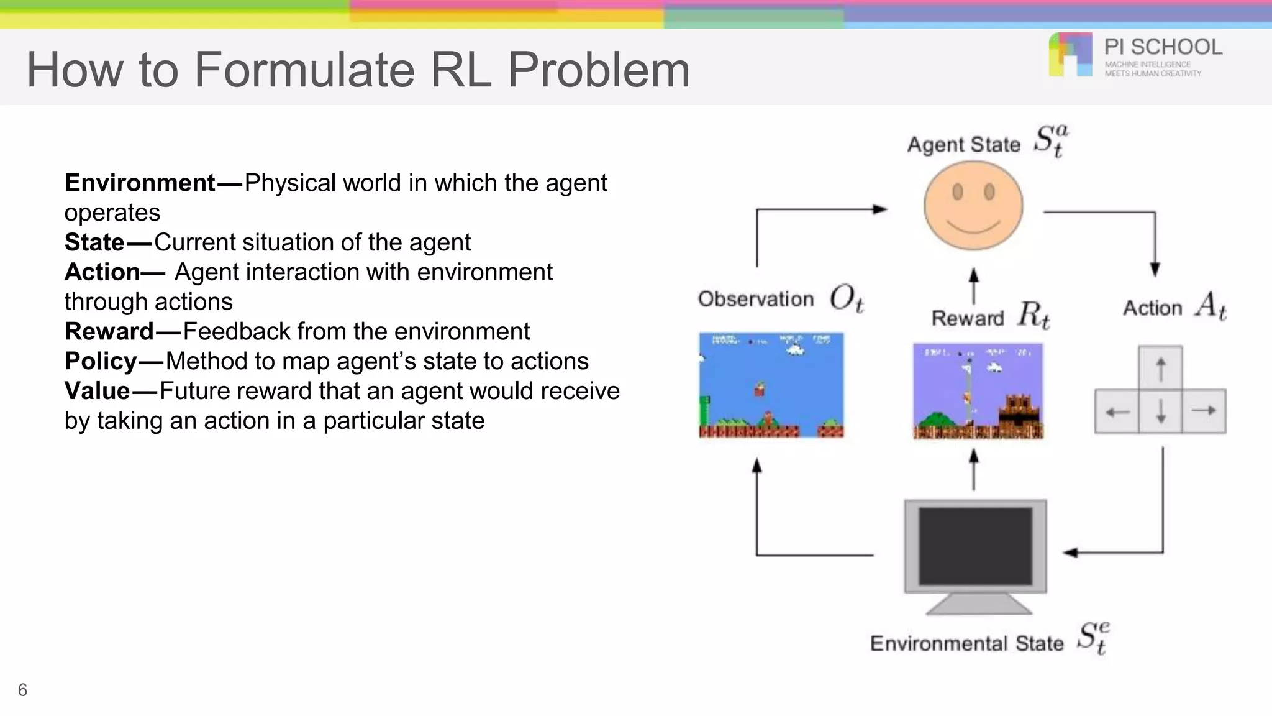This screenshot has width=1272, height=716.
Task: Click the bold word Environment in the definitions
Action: click(x=140, y=183)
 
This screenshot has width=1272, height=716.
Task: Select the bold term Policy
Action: click(x=101, y=362)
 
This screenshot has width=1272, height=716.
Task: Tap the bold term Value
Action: click(x=97, y=392)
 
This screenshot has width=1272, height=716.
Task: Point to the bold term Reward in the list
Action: click(x=109, y=332)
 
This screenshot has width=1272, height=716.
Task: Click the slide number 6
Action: click(x=22, y=690)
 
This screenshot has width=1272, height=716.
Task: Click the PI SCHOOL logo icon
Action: click(x=1070, y=55)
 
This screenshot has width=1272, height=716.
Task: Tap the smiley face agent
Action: click(x=973, y=206)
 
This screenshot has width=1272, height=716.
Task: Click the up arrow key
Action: click(x=1160, y=369)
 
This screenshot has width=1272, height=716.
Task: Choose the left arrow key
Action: click(x=1117, y=411)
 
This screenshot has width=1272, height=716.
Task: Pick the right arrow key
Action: click(x=1204, y=411)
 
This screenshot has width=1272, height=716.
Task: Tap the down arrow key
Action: click(x=1160, y=411)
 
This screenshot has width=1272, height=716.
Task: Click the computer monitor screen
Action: click(x=975, y=546)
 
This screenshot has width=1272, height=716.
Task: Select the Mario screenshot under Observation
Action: click(x=771, y=385)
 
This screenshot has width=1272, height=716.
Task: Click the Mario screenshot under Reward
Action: click(x=978, y=392)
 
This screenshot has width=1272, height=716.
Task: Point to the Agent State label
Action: click(x=963, y=145)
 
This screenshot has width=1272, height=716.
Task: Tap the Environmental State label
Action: click(x=966, y=643)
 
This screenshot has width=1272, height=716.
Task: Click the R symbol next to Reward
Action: click(x=1033, y=314)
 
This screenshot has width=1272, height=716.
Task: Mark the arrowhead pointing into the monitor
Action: click(x=1070, y=553)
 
